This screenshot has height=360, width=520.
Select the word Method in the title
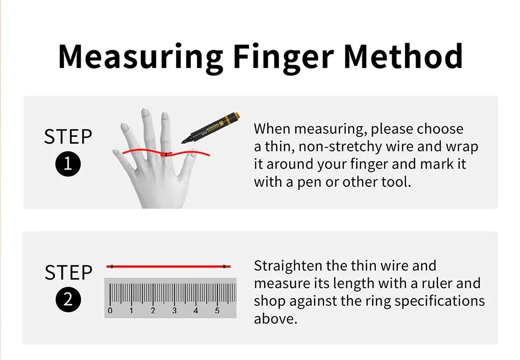(x=403, y=56)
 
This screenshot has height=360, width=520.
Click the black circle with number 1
(x=68, y=164)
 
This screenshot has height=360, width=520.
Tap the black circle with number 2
(x=68, y=300)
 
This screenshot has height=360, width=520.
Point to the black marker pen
(x=211, y=128)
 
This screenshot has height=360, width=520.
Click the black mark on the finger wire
(x=166, y=155)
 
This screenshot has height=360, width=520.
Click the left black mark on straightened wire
(x=112, y=266)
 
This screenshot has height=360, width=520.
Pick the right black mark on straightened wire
(x=224, y=266)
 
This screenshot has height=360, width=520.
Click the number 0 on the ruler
(x=110, y=311)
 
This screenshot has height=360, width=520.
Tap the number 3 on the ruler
(x=174, y=311)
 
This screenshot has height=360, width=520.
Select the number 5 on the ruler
(x=217, y=311)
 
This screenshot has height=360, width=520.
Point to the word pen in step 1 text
(x=309, y=183)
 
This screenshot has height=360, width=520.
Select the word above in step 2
(x=275, y=319)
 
